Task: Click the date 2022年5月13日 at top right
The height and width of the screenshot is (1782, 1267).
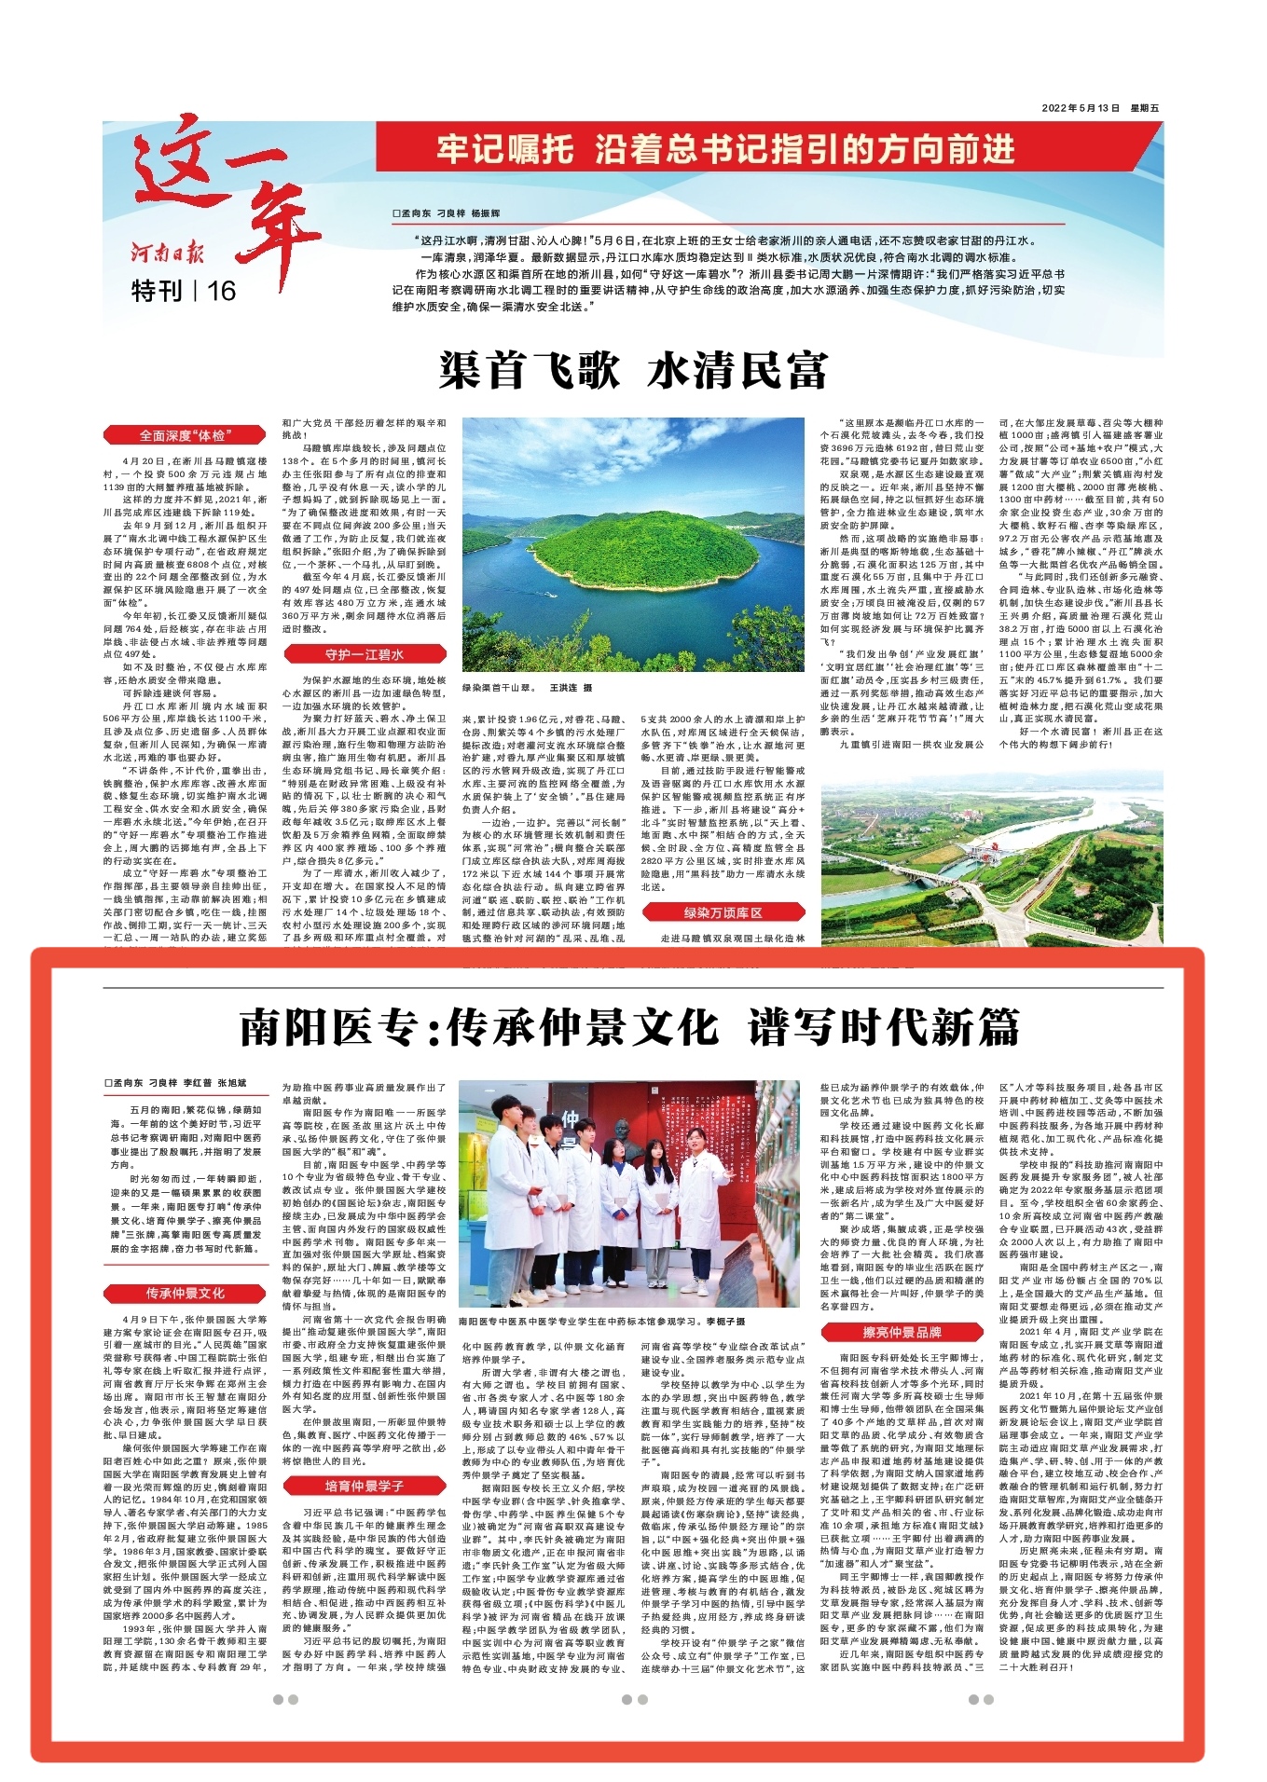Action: (1080, 109)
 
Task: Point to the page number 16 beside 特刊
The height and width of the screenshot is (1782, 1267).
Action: (222, 291)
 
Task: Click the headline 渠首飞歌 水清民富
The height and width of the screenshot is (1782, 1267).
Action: (633, 371)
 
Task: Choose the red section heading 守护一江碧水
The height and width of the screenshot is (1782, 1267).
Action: (364, 654)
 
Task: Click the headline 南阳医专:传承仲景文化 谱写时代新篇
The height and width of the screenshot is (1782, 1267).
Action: (631, 1028)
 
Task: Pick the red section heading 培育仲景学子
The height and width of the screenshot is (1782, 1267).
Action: (364, 1486)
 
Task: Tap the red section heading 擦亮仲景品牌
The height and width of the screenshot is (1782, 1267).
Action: (902, 1332)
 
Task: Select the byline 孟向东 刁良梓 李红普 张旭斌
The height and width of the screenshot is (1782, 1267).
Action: (176, 1084)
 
